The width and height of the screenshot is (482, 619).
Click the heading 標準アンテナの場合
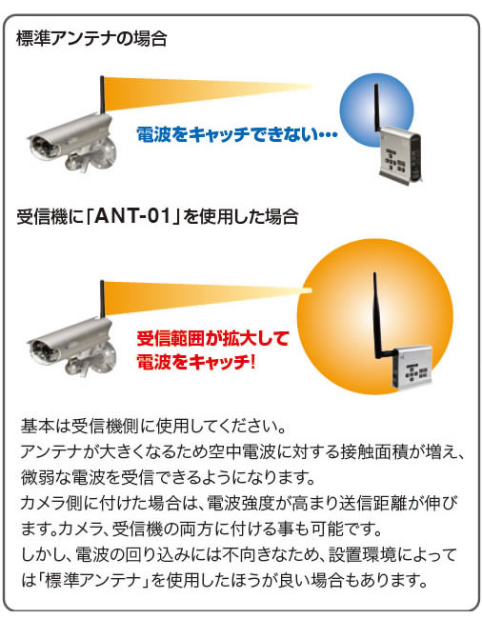click(91, 39)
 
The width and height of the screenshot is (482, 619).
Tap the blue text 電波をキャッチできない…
click(236, 134)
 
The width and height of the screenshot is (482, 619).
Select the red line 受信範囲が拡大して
click(212, 339)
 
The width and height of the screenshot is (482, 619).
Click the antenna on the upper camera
click(102, 94)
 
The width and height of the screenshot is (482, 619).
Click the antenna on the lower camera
click(102, 298)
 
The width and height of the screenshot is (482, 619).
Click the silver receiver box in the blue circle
click(399, 155)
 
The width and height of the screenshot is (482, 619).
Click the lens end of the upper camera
click(44, 146)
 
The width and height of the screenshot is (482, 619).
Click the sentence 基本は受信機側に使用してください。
click(153, 427)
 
